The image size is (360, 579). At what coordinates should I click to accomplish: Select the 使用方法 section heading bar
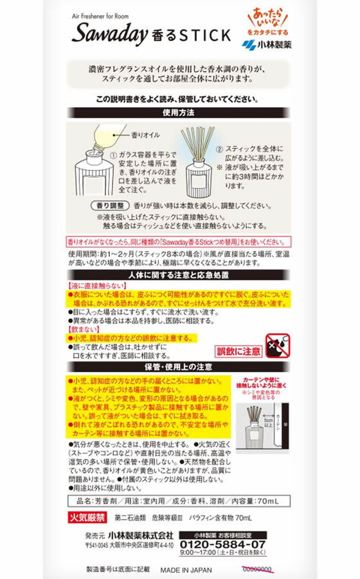pos(179,112)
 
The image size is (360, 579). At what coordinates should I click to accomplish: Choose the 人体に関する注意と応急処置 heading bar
pos(179,275)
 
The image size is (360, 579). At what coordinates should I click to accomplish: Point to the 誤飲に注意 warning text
pos(239,353)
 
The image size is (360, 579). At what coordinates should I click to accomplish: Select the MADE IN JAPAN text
pos(186,569)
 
